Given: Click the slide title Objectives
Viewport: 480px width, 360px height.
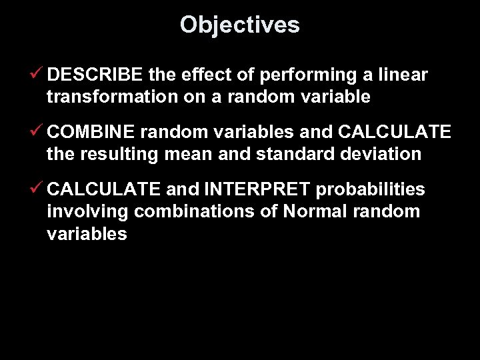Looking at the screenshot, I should (239, 25).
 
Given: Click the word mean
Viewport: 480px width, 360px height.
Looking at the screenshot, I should (193, 154).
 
